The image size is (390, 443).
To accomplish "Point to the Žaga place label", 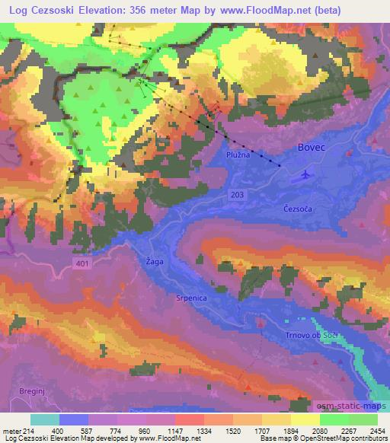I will (x=154, y=261).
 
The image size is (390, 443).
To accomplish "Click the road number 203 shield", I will (x=238, y=196).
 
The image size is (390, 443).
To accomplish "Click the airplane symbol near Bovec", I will (x=306, y=174).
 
